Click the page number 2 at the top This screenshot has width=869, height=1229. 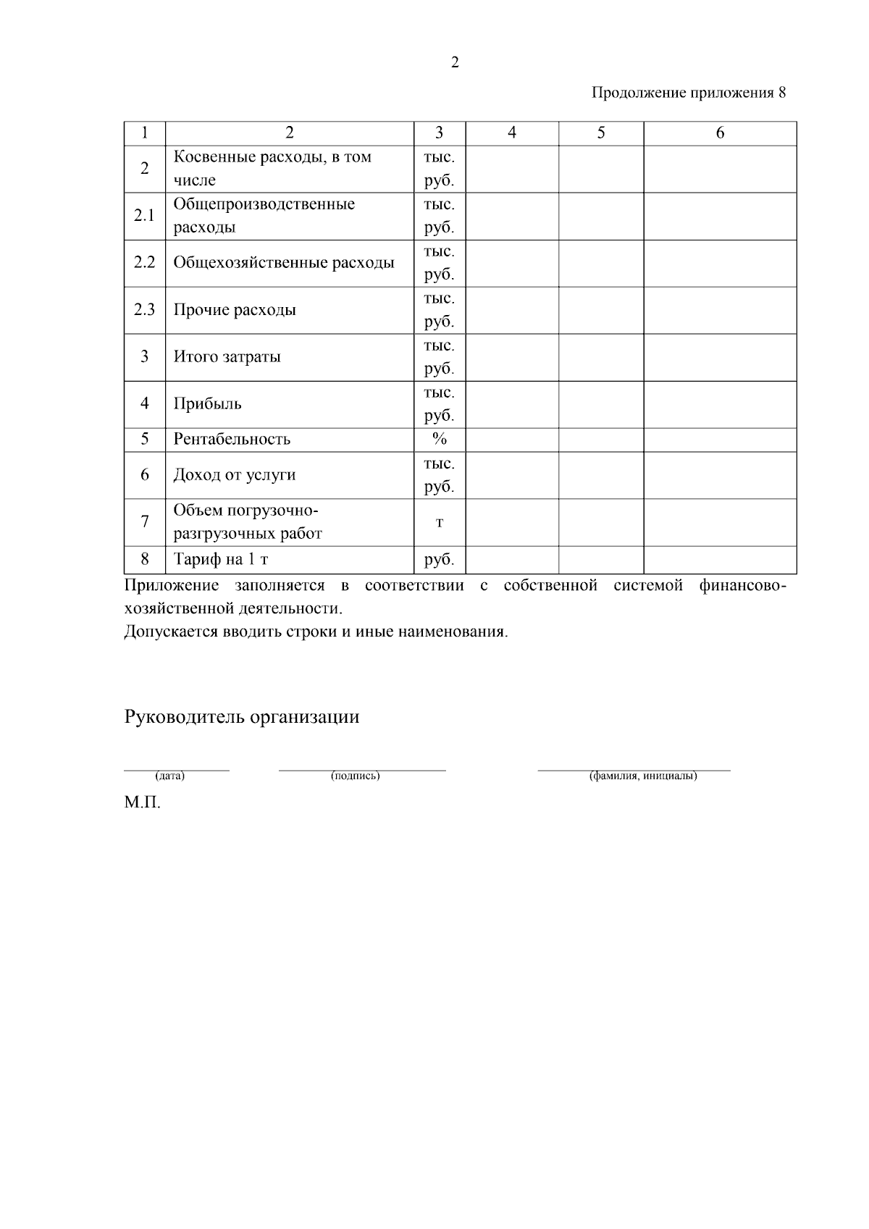[455, 63]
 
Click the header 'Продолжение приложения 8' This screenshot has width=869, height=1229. [688, 93]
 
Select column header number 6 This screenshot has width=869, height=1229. [720, 133]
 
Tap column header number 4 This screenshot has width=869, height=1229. [512, 133]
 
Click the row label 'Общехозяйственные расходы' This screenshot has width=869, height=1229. [284, 263]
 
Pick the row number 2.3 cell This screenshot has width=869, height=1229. [145, 310]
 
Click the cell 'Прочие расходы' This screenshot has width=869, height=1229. [235, 310]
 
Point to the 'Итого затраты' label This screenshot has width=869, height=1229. [227, 357]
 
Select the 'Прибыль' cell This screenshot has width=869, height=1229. [208, 404]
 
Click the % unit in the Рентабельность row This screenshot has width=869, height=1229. [439, 440]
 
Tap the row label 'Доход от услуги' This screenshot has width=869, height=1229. [235, 475]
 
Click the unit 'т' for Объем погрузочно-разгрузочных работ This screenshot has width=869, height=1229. [439, 522]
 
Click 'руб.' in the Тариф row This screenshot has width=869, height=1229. [439, 560]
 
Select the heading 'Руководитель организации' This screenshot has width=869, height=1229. [242, 717]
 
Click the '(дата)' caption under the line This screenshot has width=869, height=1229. [170, 776]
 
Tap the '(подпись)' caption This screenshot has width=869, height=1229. [355, 776]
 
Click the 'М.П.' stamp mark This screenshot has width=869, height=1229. [142, 803]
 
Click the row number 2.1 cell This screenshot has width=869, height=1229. [145, 216]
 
